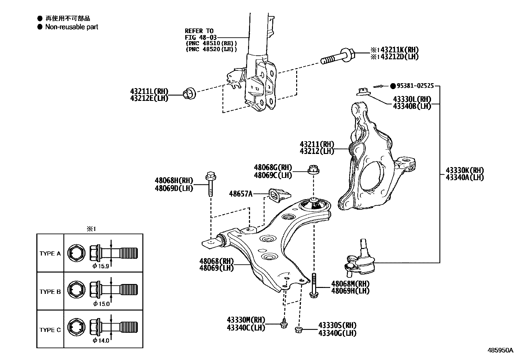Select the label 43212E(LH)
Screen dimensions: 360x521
[x=149, y=98]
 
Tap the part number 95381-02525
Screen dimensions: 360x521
[x=415, y=86]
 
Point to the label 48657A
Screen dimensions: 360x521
[x=241, y=194]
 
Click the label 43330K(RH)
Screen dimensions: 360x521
[x=464, y=170]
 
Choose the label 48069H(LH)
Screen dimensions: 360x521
[x=350, y=291]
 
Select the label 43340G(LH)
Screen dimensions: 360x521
[x=337, y=333]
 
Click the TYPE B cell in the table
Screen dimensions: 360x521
[x=50, y=292]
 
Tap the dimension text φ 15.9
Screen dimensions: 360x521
[x=101, y=266]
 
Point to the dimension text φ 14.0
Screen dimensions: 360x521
[x=101, y=341]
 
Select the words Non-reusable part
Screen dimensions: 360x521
[x=71, y=27]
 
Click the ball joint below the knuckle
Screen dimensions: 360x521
[x=362, y=258]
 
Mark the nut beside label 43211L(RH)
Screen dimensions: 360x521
[x=189, y=93]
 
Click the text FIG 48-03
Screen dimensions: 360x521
[x=201, y=37]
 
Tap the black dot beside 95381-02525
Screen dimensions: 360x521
[x=393, y=86]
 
